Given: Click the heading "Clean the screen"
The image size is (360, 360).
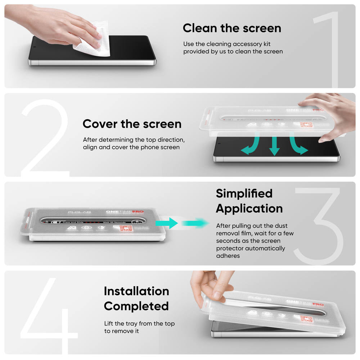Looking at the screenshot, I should coord(232,28).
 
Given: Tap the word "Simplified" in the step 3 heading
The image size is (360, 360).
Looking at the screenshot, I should coord(244,193).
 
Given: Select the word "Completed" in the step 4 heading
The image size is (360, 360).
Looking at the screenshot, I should coord(136,306).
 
